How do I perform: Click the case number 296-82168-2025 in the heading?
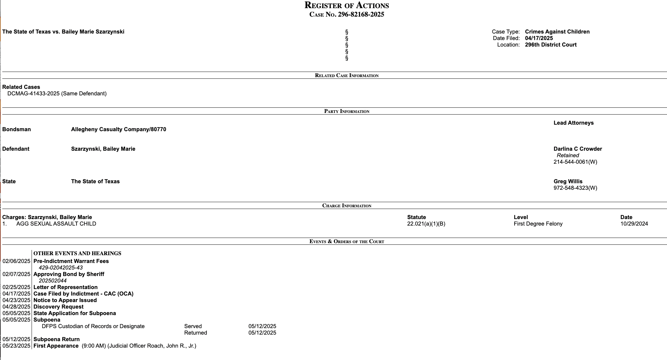click(361, 14)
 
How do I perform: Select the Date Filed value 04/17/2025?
click(539, 38)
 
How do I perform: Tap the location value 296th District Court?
click(550, 45)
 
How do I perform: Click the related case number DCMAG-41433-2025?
click(34, 93)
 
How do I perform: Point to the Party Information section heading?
click(347, 111)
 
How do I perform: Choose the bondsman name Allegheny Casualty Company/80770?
click(119, 129)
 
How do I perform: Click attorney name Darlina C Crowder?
click(577, 149)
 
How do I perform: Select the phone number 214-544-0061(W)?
click(575, 162)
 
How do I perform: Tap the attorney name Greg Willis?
click(568, 181)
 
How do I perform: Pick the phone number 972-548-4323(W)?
click(575, 188)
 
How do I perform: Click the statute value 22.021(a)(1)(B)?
click(426, 224)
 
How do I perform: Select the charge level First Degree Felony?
click(538, 224)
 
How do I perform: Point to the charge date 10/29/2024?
click(634, 224)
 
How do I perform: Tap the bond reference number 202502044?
click(52, 281)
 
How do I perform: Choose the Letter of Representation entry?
click(65, 287)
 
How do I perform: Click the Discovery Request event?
click(58, 307)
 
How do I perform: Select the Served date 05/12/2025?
click(262, 326)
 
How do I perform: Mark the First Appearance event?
click(56, 346)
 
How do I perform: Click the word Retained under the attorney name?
click(568, 155)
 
